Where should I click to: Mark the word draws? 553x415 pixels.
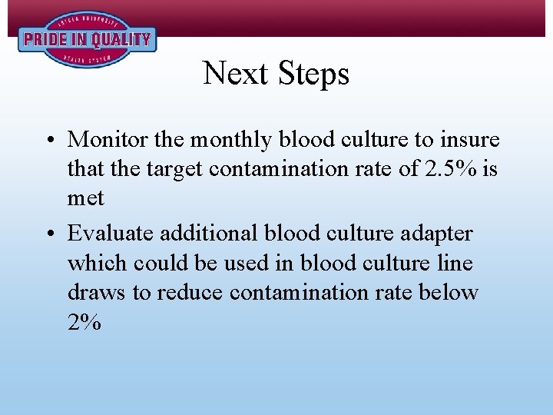click(94, 292)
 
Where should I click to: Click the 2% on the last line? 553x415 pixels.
click(84, 323)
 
